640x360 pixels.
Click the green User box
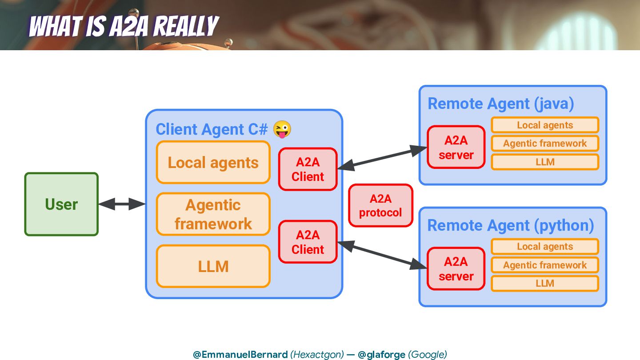click(61, 204)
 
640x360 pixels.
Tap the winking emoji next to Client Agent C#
click(282, 129)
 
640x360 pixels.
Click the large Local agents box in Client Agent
click(213, 163)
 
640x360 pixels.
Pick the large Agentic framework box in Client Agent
click(213, 214)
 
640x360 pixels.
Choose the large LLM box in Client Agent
click(213, 266)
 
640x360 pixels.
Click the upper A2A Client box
click(308, 169)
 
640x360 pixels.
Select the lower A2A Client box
click(308, 242)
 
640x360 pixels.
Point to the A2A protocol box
click(380, 206)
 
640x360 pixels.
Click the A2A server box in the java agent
click(456, 148)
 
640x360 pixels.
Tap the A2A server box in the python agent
click(456, 269)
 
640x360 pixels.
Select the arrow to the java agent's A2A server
click(382, 158)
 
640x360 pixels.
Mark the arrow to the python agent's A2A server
click(382, 255)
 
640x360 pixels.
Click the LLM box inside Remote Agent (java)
click(545, 162)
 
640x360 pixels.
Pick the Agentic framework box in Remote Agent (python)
click(545, 265)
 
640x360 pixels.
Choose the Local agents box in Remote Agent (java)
click(545, 125)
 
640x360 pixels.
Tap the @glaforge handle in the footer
click(381, 354)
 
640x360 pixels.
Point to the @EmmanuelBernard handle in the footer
click(240, 354)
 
